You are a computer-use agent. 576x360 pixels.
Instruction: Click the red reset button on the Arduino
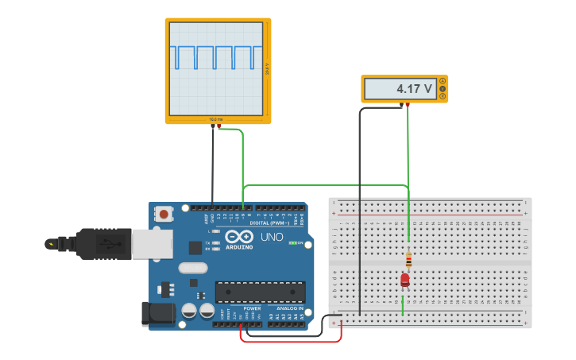[x=164, y=213]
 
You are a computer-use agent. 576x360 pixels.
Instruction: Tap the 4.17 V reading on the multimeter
[x=414, y=89]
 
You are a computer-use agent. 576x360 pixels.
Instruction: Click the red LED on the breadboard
[x=404, y=280]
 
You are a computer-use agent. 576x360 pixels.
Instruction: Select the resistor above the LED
[x=408, y=258]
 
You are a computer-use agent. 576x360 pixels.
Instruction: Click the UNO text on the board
[x=272, y=237]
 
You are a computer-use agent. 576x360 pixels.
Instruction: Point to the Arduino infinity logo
[x=239, y=237]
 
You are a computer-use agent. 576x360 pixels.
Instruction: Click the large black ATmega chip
[x=260, y=292]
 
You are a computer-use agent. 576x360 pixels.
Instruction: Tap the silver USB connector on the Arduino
[x=151, y=244]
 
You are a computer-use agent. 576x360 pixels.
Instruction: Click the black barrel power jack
[x=157, y=313]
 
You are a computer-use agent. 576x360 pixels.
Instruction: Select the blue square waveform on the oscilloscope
[x=215, y=57]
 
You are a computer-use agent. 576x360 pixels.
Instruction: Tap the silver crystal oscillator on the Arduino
[x=192, y=268]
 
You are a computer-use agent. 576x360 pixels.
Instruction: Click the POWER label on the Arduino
[x=252, y=308]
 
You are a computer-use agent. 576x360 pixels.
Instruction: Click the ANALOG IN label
[x=289, y=308]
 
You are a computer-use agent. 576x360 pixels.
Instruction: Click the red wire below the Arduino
[x=290, y=342]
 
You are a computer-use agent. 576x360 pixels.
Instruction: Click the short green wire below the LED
[x=402, y=304]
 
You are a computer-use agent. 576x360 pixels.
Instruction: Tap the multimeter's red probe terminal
[x=407, y=104]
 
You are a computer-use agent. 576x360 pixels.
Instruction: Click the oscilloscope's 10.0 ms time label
[x=216, y=119]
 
